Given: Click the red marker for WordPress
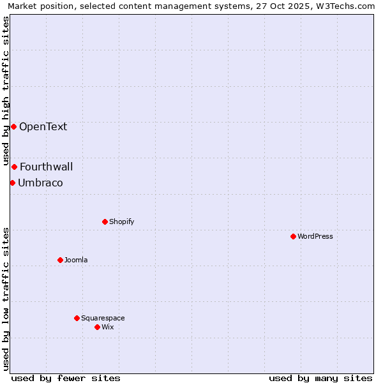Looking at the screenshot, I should [293, 236].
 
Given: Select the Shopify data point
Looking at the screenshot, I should [105, 222].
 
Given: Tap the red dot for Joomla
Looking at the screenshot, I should [60, 260].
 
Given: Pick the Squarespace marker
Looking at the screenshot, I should [77, 318].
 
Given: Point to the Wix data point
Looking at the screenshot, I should [97, 327].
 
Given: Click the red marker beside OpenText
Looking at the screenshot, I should [13, 126].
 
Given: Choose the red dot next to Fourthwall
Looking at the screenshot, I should [14, 167].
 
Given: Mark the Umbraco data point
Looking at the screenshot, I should [12, 183].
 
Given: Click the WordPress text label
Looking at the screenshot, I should [315, 236].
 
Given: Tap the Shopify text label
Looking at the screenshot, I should [121, 222].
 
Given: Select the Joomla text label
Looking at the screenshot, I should [76, 260].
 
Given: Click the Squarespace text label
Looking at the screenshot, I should [103, 318].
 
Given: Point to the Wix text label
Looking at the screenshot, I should [108, 327].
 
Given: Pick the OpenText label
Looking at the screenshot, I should [43, 126].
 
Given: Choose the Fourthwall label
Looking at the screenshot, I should [46, 167].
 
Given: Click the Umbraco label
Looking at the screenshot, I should [40, 183].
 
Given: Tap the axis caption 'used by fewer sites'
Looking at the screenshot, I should [66, 378].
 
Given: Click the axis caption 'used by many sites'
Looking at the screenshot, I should [320, 378].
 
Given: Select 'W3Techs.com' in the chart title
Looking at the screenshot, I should [348, 6].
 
